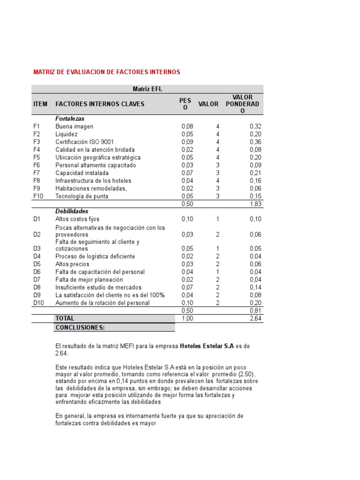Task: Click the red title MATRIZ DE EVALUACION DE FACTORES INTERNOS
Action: [x=106, y=72]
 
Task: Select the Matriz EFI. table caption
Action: [x=147, y=89]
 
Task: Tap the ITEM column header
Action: [x=40, y=104]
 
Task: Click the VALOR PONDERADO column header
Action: [x=242, y=104]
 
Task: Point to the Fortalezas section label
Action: [x=70, y=119]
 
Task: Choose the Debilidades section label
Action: [x=72, y=211]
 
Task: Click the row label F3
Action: [x=37, y=142]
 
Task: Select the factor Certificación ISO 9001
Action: [x=84, y=142]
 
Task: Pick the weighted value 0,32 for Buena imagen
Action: [x=255, y=126]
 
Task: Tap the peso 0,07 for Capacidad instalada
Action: [x=187, y=172]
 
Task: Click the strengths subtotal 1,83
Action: [x=255, y=203]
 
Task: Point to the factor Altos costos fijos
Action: [x=77, y=219]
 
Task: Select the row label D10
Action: [x=38, y=303]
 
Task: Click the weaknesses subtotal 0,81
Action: [x=255, y=310]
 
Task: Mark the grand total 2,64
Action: [x=255, y=318]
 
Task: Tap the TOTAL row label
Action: [x=65, y=318]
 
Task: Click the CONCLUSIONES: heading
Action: [x=80, y=327]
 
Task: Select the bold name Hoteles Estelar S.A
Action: [x=207, y=346]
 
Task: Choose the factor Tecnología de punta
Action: [x=82, y=196]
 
